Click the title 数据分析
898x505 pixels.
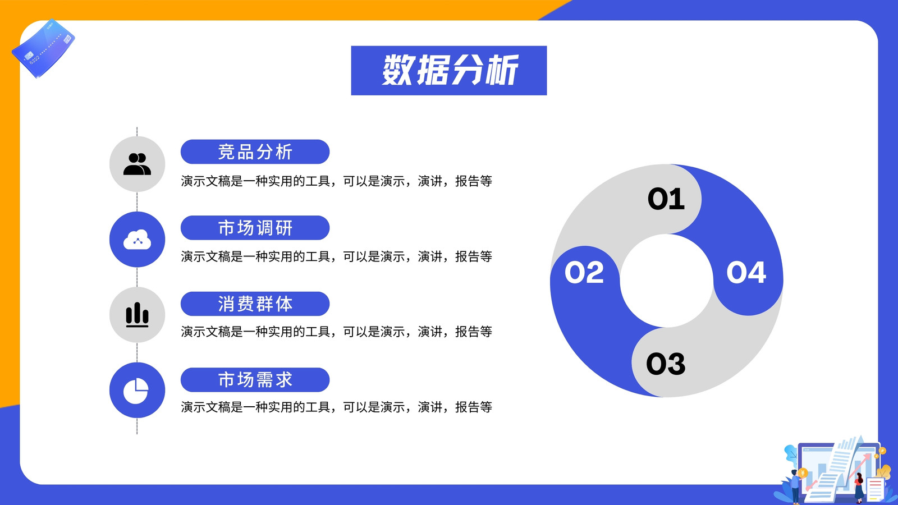pos(449,70)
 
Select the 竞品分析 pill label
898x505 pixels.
pos(255,152)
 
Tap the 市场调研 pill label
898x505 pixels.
pos(255,228)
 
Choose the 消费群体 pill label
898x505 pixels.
pos(255,304)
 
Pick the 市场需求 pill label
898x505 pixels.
pos(255,379)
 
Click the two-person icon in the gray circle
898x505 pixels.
pos(137,164)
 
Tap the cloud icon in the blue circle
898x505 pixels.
pos(137,239)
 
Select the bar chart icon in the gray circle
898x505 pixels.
pos(137,315)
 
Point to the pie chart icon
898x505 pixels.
pos(136,391)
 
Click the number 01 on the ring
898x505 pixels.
pos(666,199)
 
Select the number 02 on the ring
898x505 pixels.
pos(584,273)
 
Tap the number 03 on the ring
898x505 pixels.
pos(666,364)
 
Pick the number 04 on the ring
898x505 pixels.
pos(746,273)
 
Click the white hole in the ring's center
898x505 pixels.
pos(667,281)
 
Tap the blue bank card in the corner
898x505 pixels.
pos(43,48)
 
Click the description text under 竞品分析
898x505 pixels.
pos(336,181)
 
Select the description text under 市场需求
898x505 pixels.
pos(336,407)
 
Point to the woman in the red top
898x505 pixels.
pos(859,488)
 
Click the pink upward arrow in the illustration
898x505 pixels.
pos(858,467)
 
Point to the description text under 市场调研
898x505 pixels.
pos(336,256)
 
